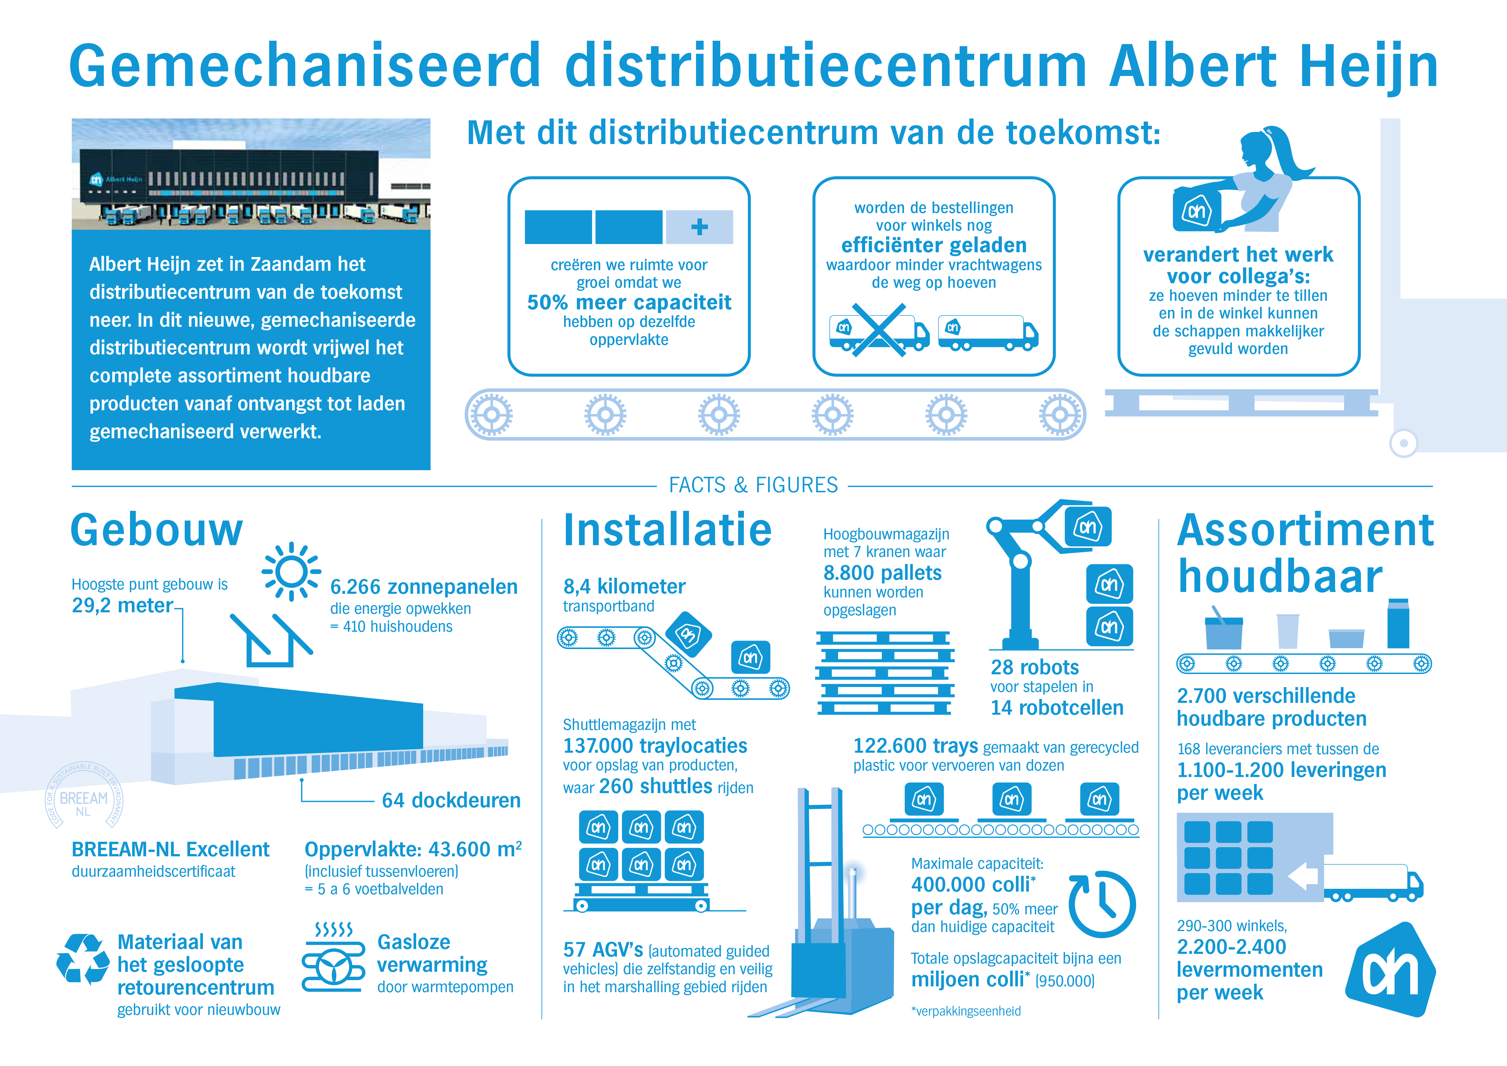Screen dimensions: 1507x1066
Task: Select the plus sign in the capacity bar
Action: coord(700,227)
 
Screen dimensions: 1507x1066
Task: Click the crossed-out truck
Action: coord(879,330)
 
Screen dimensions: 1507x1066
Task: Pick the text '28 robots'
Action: coord(1034,667)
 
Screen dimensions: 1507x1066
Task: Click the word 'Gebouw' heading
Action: coord(157,529)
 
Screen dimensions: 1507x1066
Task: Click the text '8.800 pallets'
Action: coord(882,573)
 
